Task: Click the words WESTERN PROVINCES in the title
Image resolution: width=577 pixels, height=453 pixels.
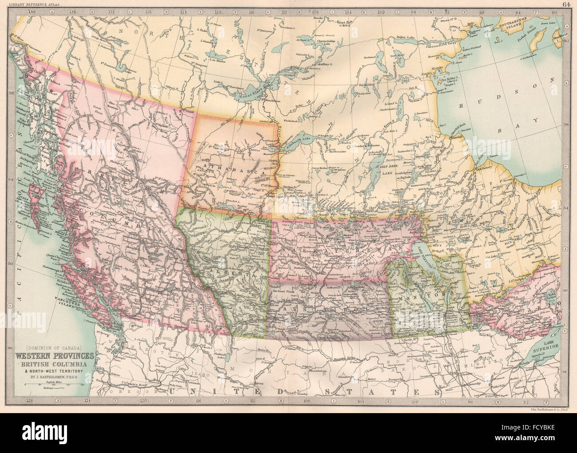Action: [x=55, y=355]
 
